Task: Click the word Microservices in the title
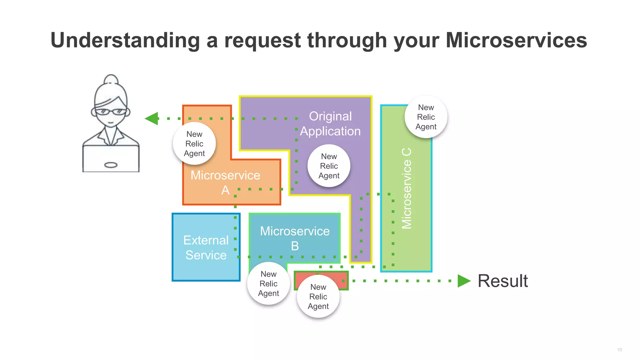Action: tap(516, 40)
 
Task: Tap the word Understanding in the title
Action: tap(125, 41)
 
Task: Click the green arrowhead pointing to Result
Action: tap(463, 281)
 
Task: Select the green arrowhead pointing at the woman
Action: tap(152, 118)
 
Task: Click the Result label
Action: tap(502, 281)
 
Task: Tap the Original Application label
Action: tap(330, 124)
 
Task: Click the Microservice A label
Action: tap(225, 182)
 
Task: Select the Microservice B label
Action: tap(295, 238)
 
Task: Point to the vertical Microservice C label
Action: tap(407, 188)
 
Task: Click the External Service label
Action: tap(206, 247)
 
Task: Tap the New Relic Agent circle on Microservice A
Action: tap(194, 144)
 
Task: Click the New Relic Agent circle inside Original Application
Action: tap(329, 166)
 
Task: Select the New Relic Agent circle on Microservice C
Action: tap(426, 117)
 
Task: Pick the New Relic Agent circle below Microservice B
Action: tap(268, 283)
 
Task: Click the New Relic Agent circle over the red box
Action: tap(318, 297)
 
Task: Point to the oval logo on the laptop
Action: tap(111, 165)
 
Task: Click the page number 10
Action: tap(619, 350)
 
